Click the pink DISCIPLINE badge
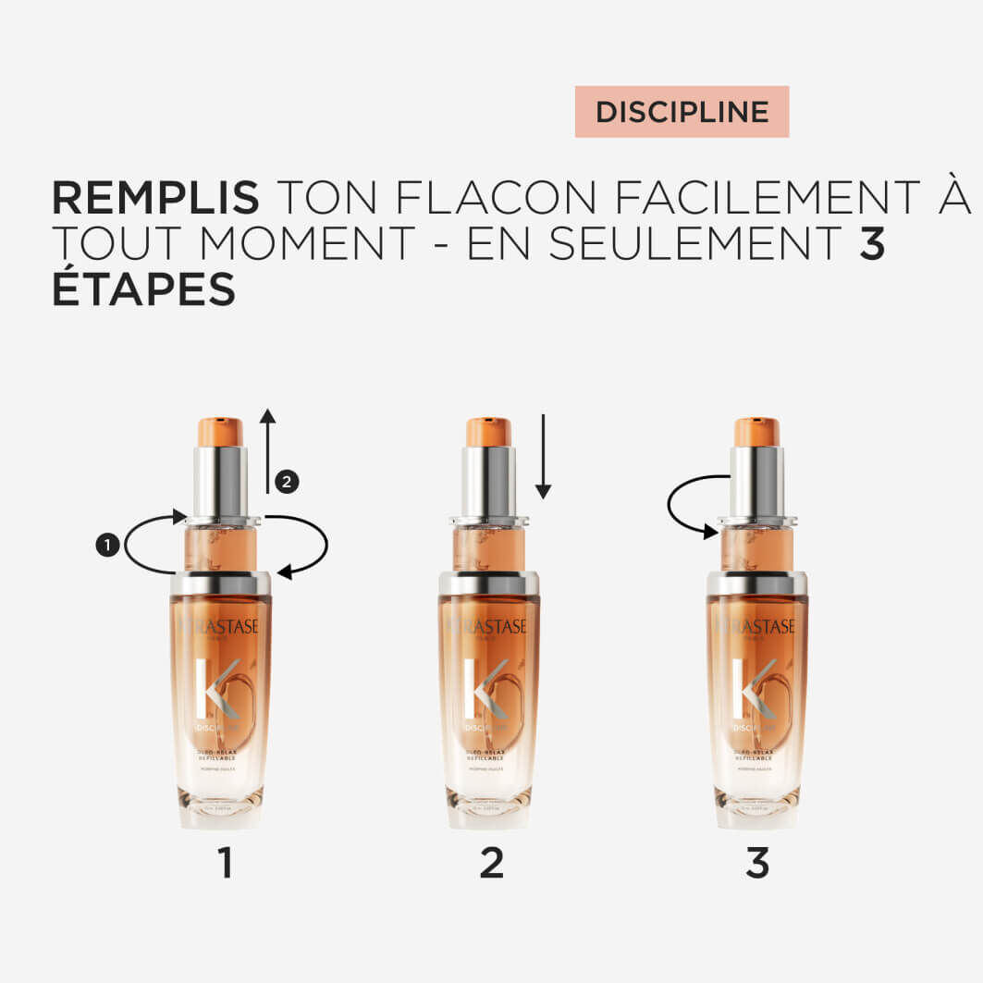click(x=682, y=112)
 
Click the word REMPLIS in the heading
click(x=155, y=197)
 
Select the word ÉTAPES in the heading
click(x=143, y=289)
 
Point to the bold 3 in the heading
click(x=872, y=243)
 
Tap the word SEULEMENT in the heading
click(x=694, y=243)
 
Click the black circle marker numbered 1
click(x=107, y=546)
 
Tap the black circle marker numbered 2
click(x=287, y=481)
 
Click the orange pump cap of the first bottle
click(x=220, y=432)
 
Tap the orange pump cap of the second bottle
click(x=488, y=432)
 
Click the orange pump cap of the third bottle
click(x=756, y=432)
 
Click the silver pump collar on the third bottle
click(x=756, y=482)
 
